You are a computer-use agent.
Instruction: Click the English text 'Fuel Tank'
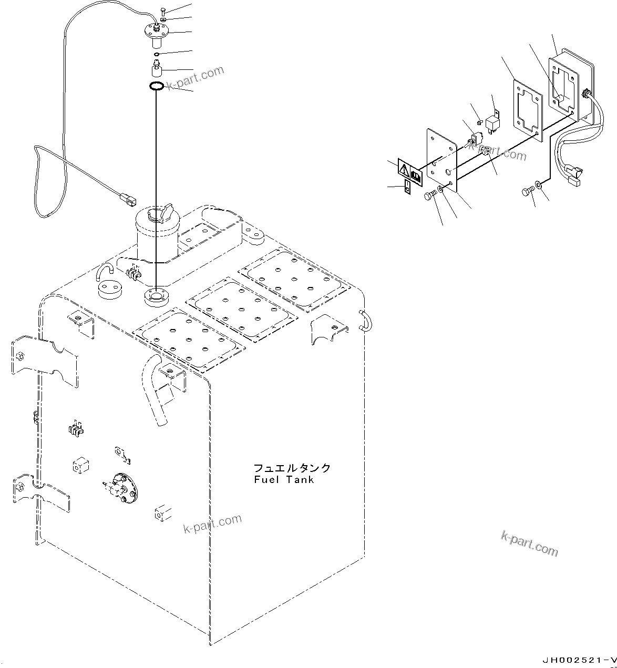pos(283,479)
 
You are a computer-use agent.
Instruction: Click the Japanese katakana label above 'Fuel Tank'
pos(292,468)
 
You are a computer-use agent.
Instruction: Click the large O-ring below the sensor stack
pos(156,86)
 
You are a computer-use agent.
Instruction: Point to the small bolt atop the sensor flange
pos(164,11)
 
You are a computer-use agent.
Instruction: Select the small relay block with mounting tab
pos(492,122)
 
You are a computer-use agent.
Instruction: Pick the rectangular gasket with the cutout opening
pos(527,111)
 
